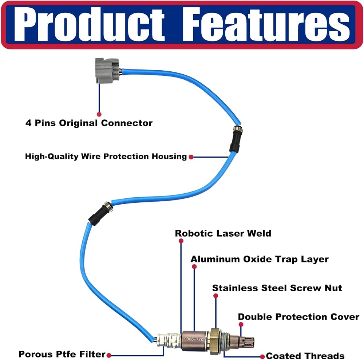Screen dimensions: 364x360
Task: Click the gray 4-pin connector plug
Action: tap(107, 71)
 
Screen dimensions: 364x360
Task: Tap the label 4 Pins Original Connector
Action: tap(89, 123)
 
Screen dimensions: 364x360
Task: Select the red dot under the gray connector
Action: tap(99, 114)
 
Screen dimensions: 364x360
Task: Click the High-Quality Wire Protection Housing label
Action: tap(106, 157)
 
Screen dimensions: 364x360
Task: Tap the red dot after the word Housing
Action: tap(191, 157)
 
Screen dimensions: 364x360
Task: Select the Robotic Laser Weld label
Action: tap(223, 233)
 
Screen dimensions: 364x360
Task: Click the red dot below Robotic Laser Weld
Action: tap(181, 241)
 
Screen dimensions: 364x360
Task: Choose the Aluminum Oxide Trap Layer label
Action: tap(260, 259)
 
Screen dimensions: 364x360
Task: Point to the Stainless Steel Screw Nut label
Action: tap(277, 288)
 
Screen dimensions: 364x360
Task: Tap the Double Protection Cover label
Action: tap(298, 317)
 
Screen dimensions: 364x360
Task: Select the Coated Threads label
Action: tap(305, 356)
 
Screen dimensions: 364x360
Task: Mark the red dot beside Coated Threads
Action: tap(262, 356)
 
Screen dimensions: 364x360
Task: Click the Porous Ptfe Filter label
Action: tap(62, 354)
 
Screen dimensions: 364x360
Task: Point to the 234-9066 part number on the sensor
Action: tap(194, 339)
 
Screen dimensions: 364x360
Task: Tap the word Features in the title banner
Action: tap(266, 24)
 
